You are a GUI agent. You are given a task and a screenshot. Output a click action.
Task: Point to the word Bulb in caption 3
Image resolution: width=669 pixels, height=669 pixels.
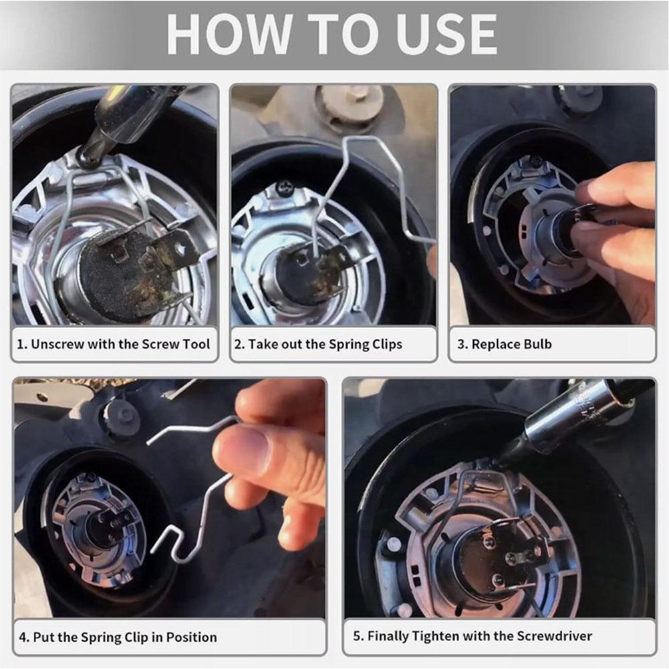tap(536, 345)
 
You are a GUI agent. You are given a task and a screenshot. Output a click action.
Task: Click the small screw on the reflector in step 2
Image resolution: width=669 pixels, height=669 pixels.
tap(285, 188)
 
